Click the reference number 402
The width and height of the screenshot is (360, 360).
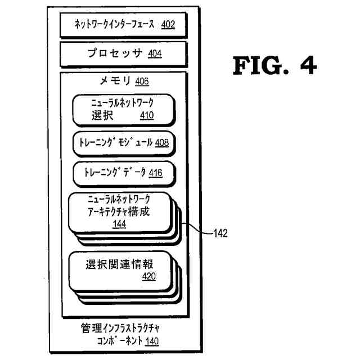[x=168, y=24]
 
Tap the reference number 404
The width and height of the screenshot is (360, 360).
[x=155, y=54]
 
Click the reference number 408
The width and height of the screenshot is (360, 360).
[x=162, y=142]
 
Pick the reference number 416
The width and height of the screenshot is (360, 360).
[x=155, y=173]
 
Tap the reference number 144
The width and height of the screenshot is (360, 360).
[x=119, y=224]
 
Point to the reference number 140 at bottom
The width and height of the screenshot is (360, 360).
[x=152, y=341]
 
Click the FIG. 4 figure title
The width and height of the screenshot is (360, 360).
[x=274, y=66]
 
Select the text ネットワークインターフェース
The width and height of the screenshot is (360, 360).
[x=116, y=24]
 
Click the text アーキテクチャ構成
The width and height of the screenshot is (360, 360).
[x=119, y=212]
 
